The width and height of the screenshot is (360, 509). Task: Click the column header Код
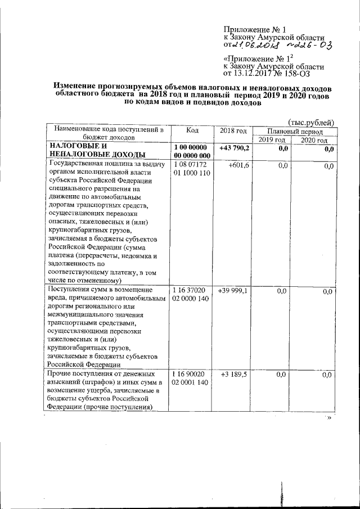click(x=192, y=130)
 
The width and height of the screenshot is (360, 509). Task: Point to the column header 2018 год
click(x=233, y=130)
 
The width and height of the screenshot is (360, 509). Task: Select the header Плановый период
click(x=295, y=130)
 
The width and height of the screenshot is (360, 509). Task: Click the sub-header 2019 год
click(x=272, y=139)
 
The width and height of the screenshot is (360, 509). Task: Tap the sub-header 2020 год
click(x=314, y=139)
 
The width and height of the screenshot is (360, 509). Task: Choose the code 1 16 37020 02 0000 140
click(x=192, y=294)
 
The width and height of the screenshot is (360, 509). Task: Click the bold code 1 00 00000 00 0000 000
click(x=192, y=151)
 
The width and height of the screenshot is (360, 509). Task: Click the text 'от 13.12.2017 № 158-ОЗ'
click(x=266, y=73)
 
